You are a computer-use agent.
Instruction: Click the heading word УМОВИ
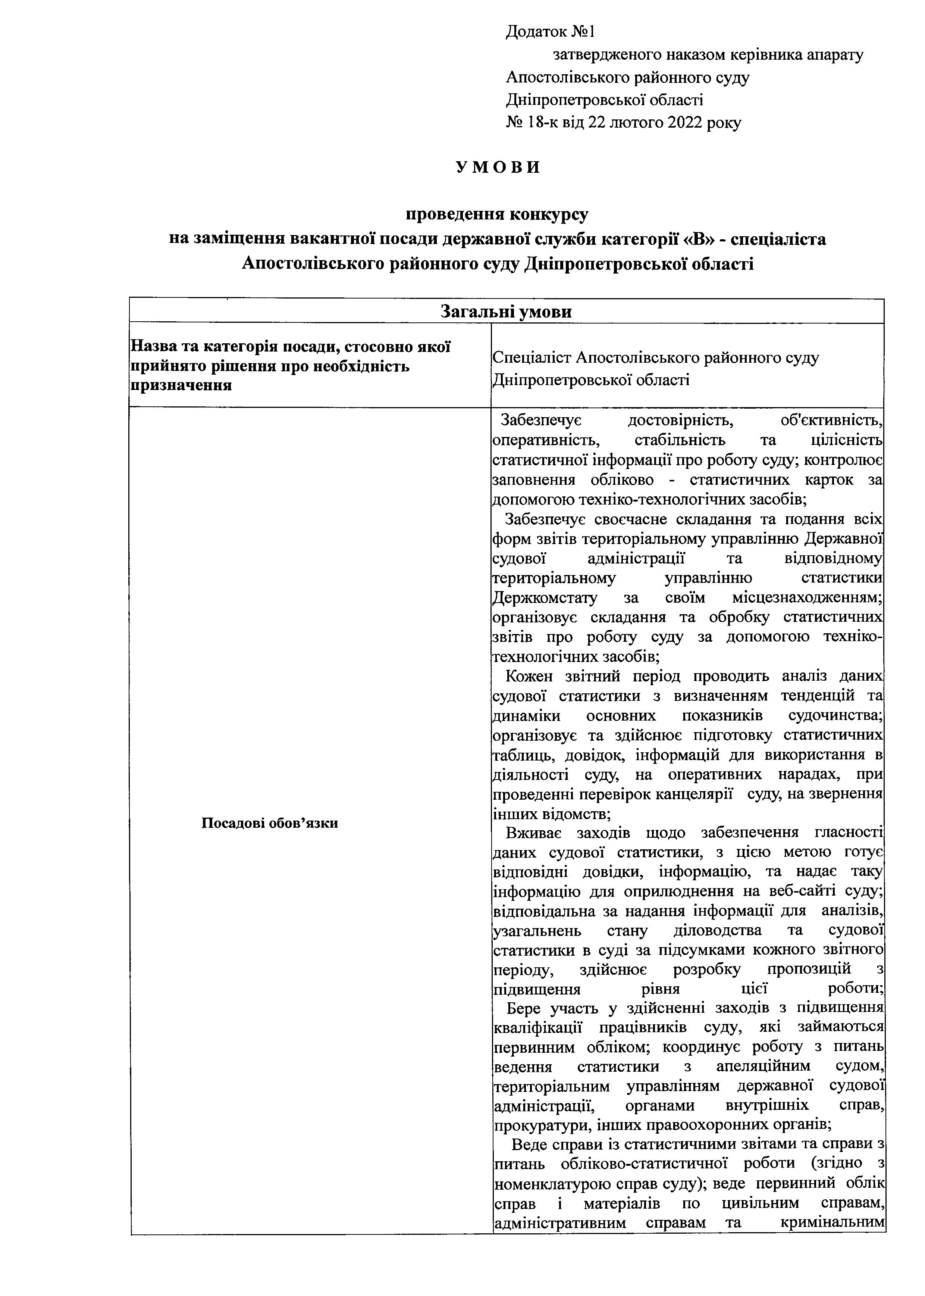(x=498, y=168)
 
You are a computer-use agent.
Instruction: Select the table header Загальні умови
(x=506, y=311)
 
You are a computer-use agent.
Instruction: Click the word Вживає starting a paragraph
(x=533, y=833)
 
